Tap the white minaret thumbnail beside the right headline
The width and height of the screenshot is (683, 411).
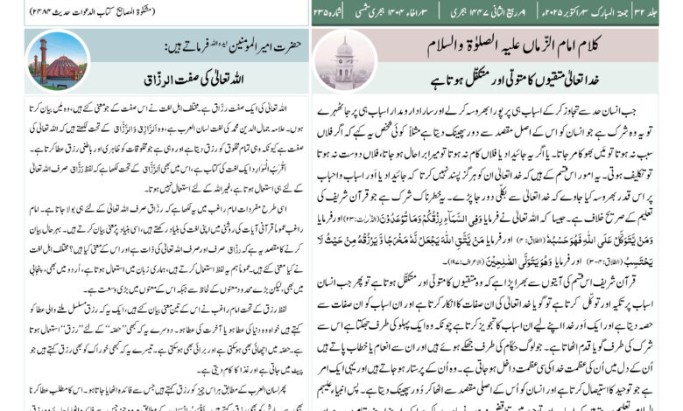click(343, 60)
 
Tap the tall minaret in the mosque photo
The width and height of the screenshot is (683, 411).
click(40, 57)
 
